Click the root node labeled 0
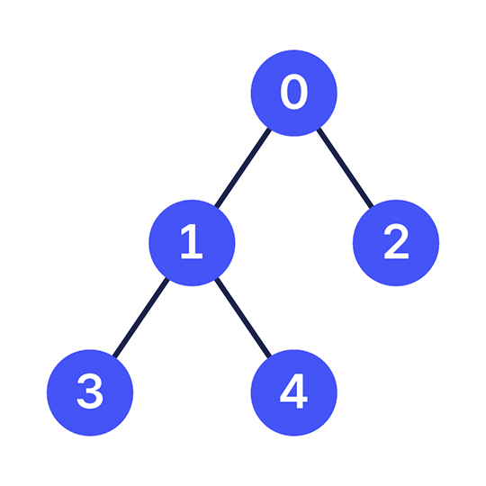coord(293,93)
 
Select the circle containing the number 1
coord(192,243)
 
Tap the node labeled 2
coord(396,243)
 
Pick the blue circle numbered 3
coord(90,392)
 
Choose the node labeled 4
coord(293,392)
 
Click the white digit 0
coord(294,92)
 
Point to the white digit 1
coord(192,241)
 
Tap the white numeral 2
coord(396,241)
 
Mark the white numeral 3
coord(90,391)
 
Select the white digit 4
coord(293,391)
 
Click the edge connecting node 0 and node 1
coord(243,168)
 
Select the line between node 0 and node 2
coord(345,168)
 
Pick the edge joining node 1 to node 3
coord(141,318)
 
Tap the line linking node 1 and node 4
coord(243,318)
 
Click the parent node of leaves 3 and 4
coord(192,243)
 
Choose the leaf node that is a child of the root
coord(396,243)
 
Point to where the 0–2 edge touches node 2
coord(372,207)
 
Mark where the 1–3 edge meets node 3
coord(114,356)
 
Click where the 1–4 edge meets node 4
coord(269,356)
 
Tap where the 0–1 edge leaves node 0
coord(269,129)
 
